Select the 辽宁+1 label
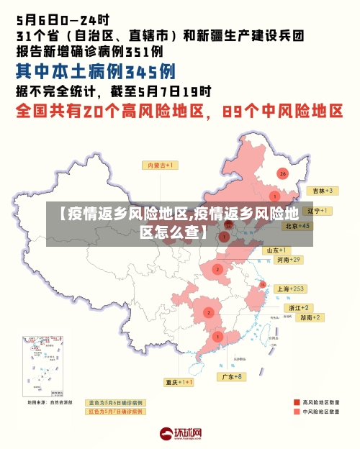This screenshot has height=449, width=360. (318, 211)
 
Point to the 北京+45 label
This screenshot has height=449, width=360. (297, 225)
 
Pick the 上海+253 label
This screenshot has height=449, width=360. (292, 289)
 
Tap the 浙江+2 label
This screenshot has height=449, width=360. (299, 307)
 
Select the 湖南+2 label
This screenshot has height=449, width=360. (310, 317)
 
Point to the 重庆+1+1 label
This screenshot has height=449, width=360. (179, 382)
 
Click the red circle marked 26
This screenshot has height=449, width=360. (283, 173)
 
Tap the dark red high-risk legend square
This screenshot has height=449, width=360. (297, 402)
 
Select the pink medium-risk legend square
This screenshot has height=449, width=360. (297, 413)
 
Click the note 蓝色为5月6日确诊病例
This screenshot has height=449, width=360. (115, 402)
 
